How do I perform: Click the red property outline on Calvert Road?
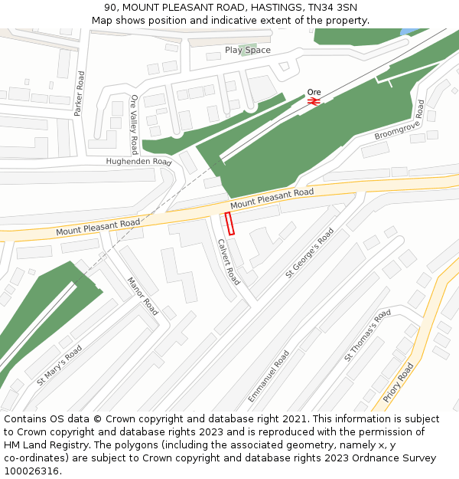pyautogui.click(x=229, y=224)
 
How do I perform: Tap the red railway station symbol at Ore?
pyautogui.click(x=313, y=100)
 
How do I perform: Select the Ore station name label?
pyautogui.click(x=314, y=92)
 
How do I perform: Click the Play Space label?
pyautogui.click(x=247, y=51)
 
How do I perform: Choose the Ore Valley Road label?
pyautogui.click(x=135, y=125)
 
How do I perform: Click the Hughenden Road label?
pyautogui.click(x=138, y=162)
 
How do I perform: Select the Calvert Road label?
pyautogui.click(x=229, y=262)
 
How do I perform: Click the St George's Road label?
pyautogui.click(x=310, y=252)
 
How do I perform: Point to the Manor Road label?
pyautogui.click(x=142, y=297)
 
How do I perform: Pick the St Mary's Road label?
pyautogui.click(x=59, y=365)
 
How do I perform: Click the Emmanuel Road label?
pyautogui.click(x=269, y=376)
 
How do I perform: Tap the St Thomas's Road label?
pyautogui.click(x=367, y=335)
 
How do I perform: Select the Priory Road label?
pyautogui.click(x=398, y=382)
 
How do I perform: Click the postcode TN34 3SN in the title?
pyautogui.click(x=333, y=8)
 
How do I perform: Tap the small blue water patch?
pyautogui.click(x=406, y=31)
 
